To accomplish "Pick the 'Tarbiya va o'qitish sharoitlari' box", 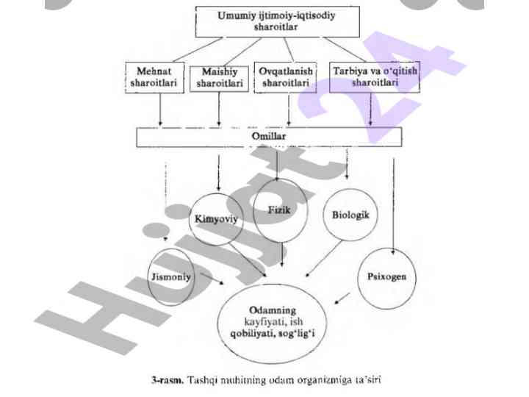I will click(x=374, y=77).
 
